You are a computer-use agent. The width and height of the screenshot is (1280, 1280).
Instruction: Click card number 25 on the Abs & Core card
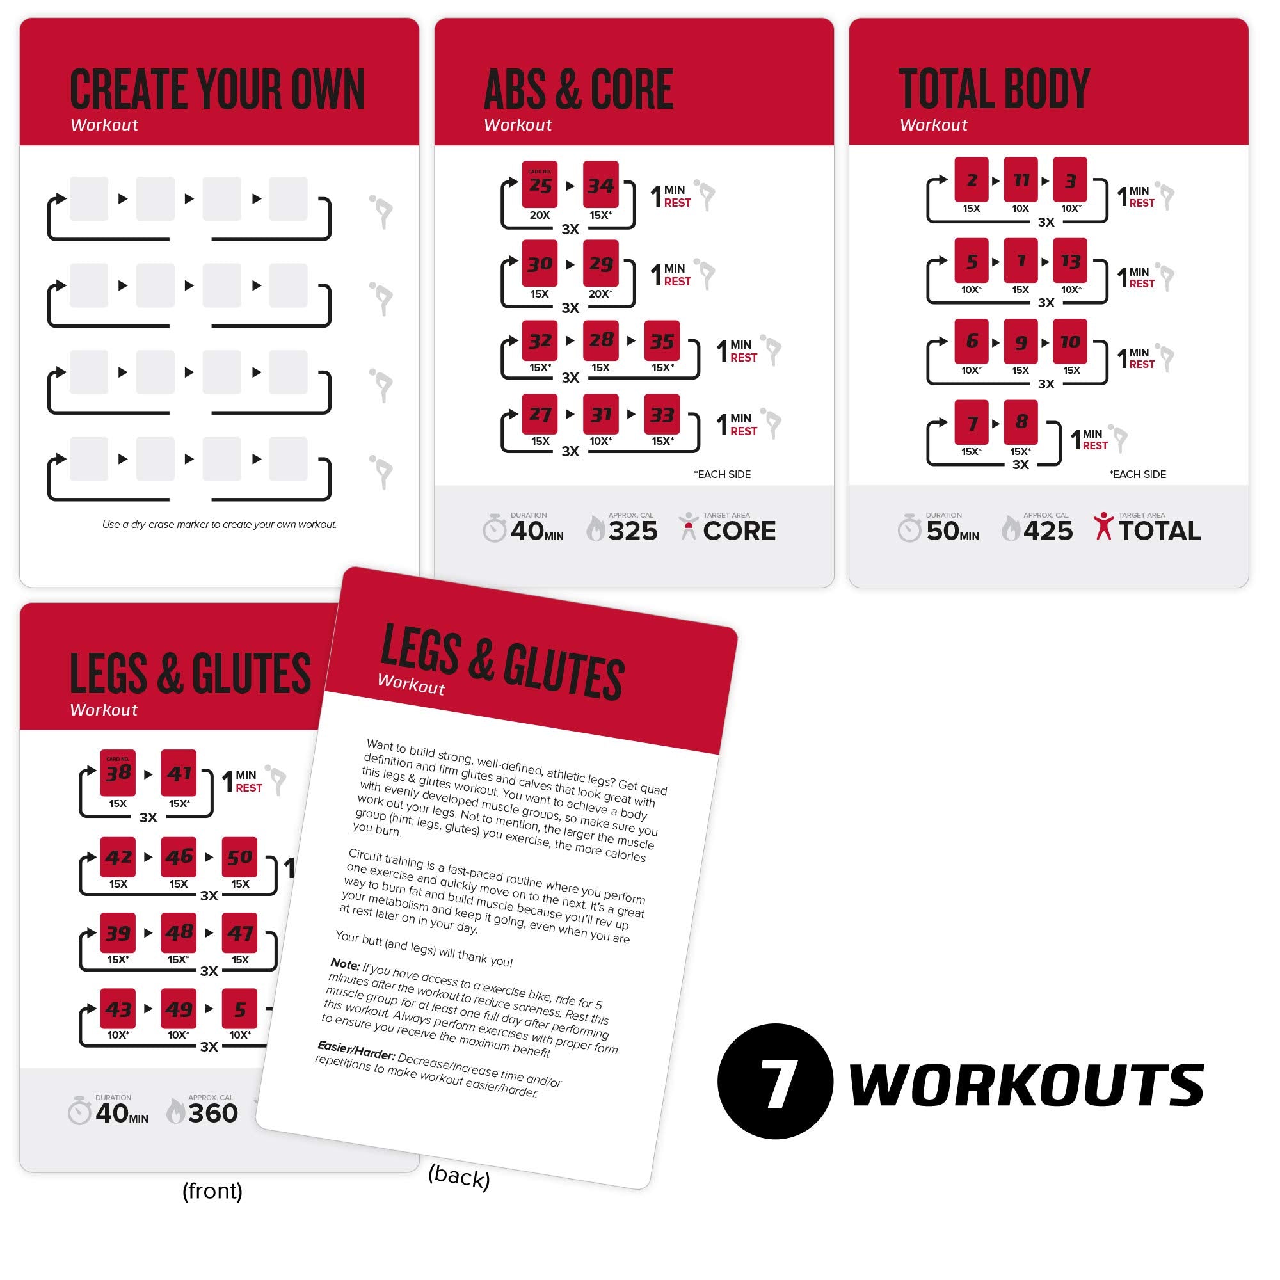click(x=540, y=185)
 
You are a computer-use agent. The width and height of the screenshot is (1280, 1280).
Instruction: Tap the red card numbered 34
click(x=600, y=185)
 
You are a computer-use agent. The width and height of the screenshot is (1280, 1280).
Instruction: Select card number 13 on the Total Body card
click(x=1070, y=260)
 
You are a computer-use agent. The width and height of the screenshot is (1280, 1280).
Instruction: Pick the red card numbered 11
click(x=1020, y=180)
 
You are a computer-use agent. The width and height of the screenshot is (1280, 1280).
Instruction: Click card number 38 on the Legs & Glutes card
click(x=118, y=772)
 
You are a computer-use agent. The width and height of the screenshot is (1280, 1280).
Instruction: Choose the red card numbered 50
click(x=239, y=857)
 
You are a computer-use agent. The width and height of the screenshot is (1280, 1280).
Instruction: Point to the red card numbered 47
click(x=239, y=933)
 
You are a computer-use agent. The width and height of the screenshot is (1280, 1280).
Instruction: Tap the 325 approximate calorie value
click(x=633, y=531)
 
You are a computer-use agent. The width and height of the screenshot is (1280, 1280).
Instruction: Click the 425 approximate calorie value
click(x=1048, y=531)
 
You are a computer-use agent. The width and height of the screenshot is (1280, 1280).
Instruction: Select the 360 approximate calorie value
click(x=212, y=1113)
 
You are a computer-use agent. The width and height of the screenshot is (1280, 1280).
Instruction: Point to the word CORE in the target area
click(x=739, y=531)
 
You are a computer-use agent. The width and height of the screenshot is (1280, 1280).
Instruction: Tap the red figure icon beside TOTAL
click(x=1103, y=526)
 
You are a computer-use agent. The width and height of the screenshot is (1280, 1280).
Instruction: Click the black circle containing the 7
click(x=774, y=1081)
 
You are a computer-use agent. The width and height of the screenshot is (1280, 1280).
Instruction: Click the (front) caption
click(x=212, y=1190)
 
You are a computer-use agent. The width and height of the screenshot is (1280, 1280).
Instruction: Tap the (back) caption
click(x=459, y=1176)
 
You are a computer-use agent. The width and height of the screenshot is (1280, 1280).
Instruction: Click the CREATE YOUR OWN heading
click(x=218, y=90)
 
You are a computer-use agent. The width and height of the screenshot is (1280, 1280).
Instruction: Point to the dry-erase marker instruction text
click(x=220, y=524)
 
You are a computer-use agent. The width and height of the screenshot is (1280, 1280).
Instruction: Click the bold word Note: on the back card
click(x=345, y=963)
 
